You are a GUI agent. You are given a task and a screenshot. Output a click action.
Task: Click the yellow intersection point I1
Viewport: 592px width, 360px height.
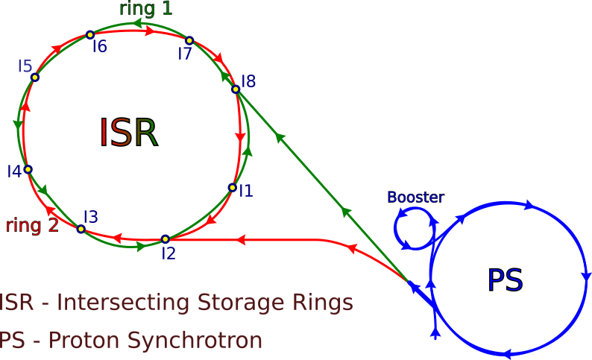233,188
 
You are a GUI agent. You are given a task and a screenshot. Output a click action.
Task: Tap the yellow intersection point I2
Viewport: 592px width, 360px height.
166,239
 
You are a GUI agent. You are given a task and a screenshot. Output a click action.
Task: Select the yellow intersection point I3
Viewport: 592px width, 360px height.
81,229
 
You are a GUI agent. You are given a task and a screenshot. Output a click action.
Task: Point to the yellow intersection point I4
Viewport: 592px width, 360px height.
28,169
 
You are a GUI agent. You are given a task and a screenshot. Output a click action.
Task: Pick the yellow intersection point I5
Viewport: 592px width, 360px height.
35,77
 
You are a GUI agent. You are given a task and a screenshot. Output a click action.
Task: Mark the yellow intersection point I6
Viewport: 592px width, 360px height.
90,34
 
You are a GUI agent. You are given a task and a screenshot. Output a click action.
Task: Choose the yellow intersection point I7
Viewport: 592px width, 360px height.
189,40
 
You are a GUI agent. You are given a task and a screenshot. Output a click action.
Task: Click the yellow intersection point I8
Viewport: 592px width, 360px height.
236,89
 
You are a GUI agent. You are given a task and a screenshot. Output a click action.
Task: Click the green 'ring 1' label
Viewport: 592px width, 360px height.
145,9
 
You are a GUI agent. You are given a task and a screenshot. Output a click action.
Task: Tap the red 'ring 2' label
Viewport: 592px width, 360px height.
32,225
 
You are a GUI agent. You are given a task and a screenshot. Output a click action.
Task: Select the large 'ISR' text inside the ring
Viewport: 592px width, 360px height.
128,133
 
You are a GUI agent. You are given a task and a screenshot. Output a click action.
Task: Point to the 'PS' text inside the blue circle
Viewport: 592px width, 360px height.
506,281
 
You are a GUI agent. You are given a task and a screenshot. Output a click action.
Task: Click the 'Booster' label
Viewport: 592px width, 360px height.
415,198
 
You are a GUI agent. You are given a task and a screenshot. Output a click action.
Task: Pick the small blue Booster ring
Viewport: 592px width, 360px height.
414,228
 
